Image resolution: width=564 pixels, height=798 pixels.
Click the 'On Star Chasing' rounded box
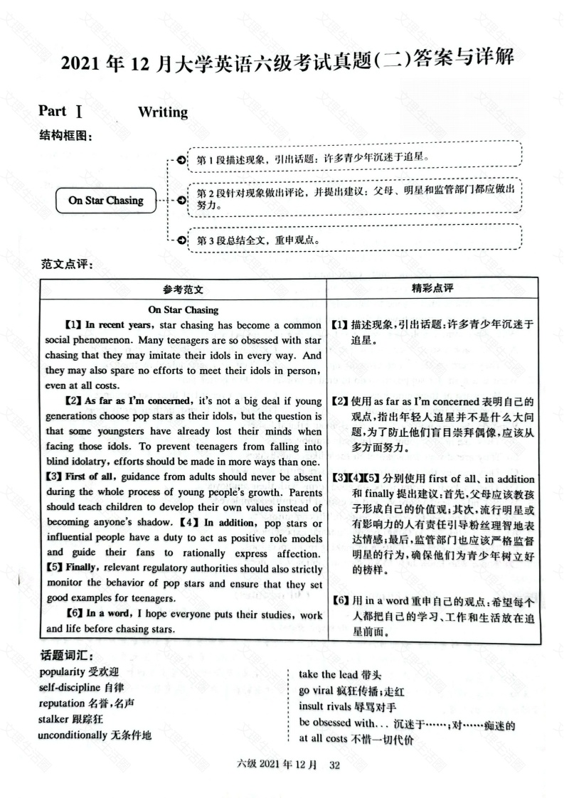(x=105, y=201)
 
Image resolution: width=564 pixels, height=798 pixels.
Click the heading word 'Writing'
(x=163, y=112)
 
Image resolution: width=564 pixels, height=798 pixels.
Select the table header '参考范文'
(x=182, y=289)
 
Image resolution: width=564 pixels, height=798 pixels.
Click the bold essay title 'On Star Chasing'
(x=183, y=310)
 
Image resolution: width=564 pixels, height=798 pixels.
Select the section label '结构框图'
(x=65, y=137)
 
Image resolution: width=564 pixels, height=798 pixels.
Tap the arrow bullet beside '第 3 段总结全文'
(x=182, y=239)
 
